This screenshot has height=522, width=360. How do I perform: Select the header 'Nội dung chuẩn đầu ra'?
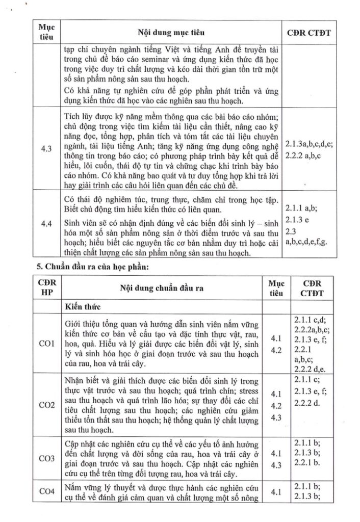point(163,288)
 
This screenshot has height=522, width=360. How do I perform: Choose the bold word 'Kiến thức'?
point(84,307)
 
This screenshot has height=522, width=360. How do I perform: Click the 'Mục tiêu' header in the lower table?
point(276,288)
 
